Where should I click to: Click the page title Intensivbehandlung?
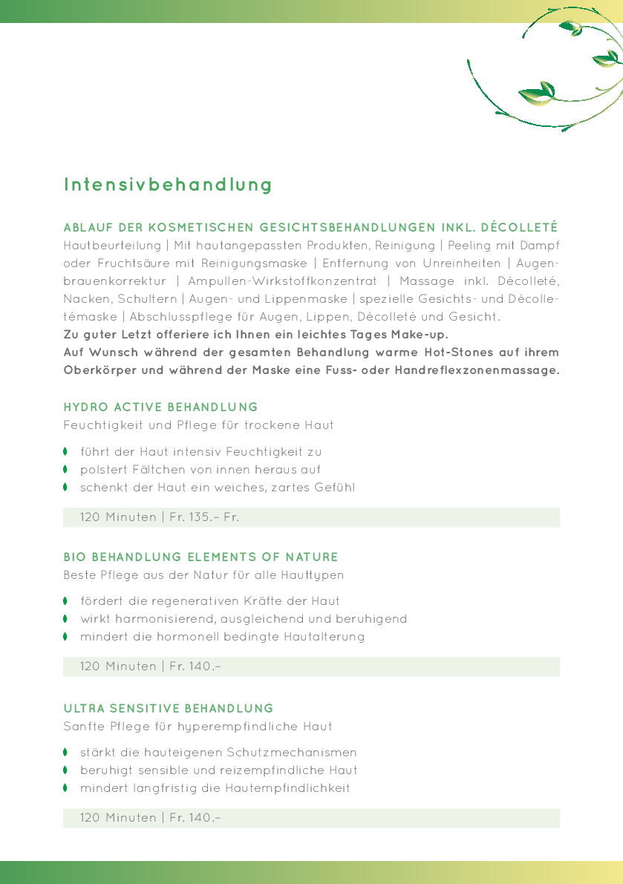tap(168, 185)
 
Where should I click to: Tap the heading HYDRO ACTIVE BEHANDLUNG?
tap(160, 407)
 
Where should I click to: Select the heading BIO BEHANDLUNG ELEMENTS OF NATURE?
tap(200, 557)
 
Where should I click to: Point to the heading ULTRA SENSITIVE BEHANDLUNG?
tap(169, 709)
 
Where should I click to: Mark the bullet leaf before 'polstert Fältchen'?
tap(65, 469)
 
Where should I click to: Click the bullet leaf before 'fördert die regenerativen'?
tap(65, 600)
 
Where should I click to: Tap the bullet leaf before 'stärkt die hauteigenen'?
tap(65, 753)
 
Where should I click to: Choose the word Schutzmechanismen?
tap(296, 753)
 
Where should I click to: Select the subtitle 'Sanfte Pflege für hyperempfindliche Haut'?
tap(198, 727)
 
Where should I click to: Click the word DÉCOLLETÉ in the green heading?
tap(519, 227)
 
